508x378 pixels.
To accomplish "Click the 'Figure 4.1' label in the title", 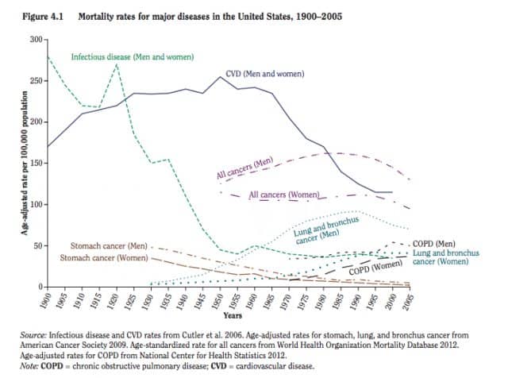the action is click(42, 17).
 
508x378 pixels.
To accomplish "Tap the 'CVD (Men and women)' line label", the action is click(265, 74).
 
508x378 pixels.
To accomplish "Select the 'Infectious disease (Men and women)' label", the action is click(133, 57).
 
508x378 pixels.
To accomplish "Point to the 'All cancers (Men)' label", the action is click(245, 168).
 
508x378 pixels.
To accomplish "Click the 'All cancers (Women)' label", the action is click(284, 195).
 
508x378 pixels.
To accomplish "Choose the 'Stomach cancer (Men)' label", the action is click(109, 246).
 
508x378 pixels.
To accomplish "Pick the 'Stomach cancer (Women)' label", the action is click(104, 258).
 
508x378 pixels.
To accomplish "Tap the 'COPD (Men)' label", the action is click(434, 244).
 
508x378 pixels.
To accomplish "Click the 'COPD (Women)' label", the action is click(375, 268).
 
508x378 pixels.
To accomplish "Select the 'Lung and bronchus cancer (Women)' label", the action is click(446, 257).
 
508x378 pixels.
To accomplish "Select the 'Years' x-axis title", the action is click(233, 316).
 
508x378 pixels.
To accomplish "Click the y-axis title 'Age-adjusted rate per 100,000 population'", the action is click(25, 163).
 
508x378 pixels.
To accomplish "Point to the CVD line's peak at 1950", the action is click(221, 77).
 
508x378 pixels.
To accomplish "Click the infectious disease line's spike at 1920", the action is click(117, 64).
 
